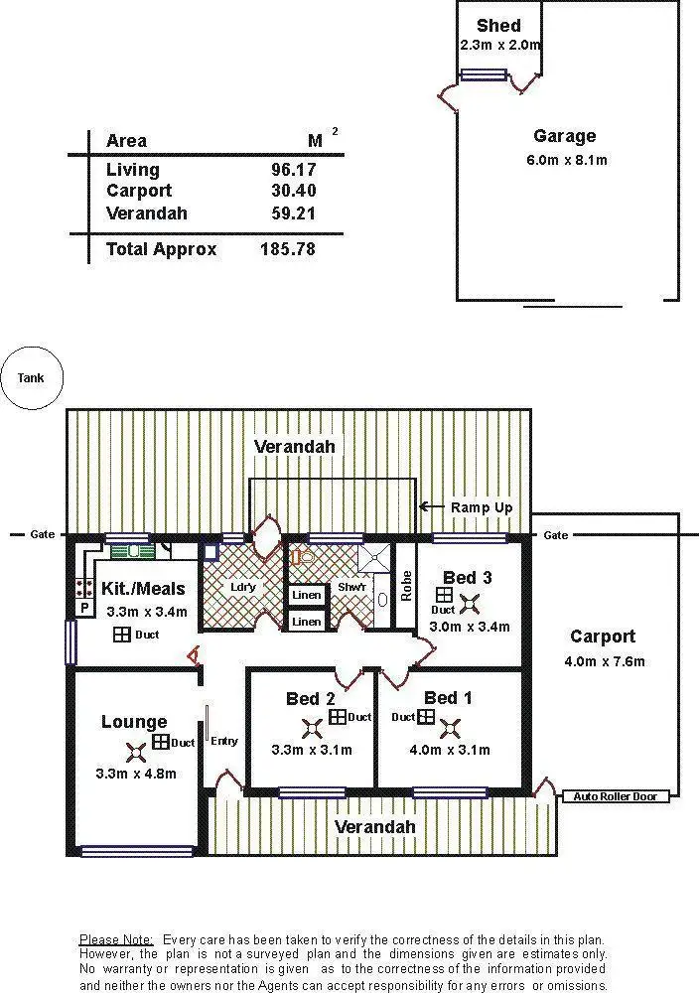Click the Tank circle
pyautogui.click(x=31, y=377)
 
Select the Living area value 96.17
pyautogui.click(x=293, y=170)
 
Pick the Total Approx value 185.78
pyautogui.click(x=287, y=249)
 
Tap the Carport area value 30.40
pyautogui.click(x=293, y=191)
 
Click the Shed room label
pyautogui.click(x=497, y=26)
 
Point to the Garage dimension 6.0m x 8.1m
pyautogui.click(x=564, y=159)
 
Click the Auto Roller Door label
pyautogui.click(x=616, y=795)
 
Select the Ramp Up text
pyautogui.click(x=482, y=507)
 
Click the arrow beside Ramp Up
pyautogui.click(x=431, y=506)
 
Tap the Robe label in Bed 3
pyautogui.click(x=406, y=586)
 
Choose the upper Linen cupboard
pyautogui.click(x=307, y=596)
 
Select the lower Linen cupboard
pyautogui.click(x=307, y=622)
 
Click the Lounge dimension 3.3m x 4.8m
pyautogui.click(x=136, y=773)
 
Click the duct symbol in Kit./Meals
pyautogui.click(x=121, y=635)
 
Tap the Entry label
pyautogui.click(x=224, y=741)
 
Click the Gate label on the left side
pyautogui.click(x=42, y=534)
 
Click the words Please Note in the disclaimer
pyautogui.click(x=116, y=938)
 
